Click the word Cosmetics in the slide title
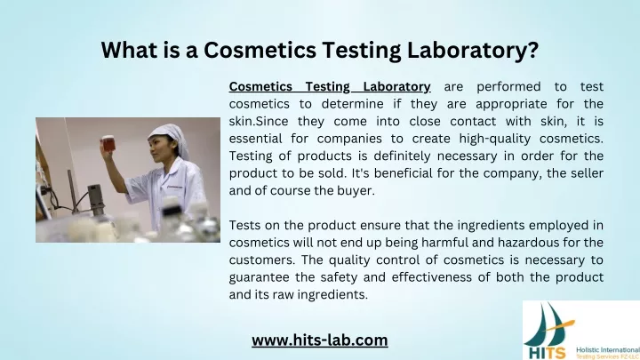tap(260, 50)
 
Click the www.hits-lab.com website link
tap(320, 340)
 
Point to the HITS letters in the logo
tap(548, 352)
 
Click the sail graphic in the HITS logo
tap(549, 324)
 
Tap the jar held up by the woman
tap(108, 144)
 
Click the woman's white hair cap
tap(171, 139)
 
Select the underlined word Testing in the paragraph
tap(328, 87)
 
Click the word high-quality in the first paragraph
tap(495, 139)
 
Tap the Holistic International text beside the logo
tap(608, 350)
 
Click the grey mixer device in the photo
tap(94, 199)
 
